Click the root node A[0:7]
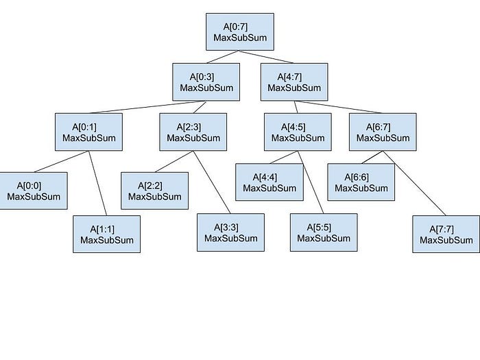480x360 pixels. (240, 32)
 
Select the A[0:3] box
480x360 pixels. (206, 82)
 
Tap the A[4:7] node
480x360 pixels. (294, 82)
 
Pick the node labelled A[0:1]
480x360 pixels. (88, 132)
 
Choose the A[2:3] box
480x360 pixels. (193, 132)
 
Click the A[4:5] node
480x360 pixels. (298, 132)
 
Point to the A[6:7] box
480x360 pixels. (383, 132)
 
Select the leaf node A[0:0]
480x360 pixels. (33, 191)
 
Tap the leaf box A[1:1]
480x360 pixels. (107, 234)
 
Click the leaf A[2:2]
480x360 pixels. (155, 191)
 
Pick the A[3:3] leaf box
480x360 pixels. (231, 232)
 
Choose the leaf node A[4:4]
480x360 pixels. (269, 182)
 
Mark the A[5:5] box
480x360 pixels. (324, 232)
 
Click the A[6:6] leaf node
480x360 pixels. (361, 182)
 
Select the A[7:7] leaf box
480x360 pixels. (446, 234)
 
